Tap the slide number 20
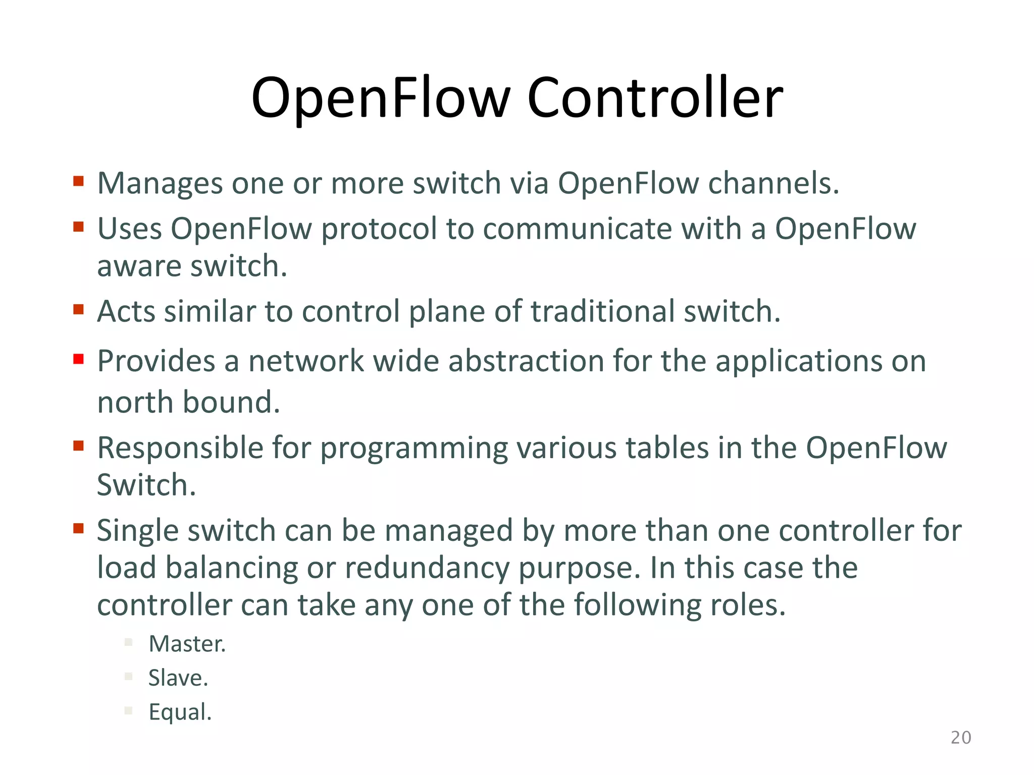click(960, 738)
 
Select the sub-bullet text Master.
click(187, 644)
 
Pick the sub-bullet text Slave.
click(178, 678)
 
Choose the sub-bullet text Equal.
click(180, 712)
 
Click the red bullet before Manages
click(78, 181)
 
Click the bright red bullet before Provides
click(78, 359)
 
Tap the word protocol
click(379, 229)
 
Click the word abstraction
click(526, 361)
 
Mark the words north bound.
click(188, 402)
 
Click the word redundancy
click(427, 568)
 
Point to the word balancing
click(232, 568)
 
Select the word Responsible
click(180, 448)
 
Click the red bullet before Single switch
click(78, 528)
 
